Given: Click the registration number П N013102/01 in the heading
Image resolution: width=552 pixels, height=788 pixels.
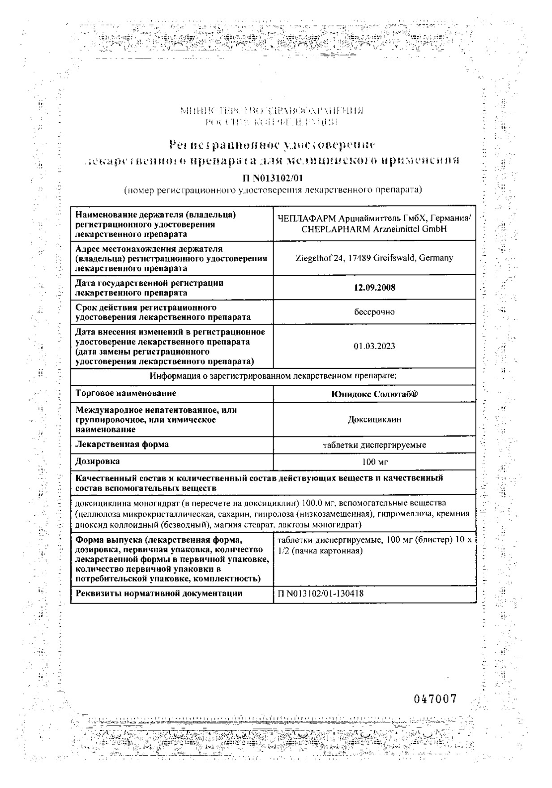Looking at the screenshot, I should [273, 179].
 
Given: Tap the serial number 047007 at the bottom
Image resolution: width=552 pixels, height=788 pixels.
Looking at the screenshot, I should [434, 699].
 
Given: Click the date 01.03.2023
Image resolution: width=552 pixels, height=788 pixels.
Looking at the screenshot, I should [374, 347].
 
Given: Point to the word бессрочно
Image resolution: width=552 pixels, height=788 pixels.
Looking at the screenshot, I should [374, 312].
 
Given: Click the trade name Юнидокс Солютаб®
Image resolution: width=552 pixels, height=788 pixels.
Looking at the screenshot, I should [374, 394].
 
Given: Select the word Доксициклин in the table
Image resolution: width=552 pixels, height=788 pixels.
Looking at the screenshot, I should [374, 420].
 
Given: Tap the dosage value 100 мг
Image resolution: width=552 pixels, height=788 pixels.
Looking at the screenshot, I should [374, 462].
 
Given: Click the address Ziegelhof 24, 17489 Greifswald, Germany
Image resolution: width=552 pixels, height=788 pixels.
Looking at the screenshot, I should [374, 258].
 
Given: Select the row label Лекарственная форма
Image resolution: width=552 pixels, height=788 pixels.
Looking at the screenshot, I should [122, 444].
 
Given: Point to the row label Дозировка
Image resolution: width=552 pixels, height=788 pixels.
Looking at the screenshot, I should [98, 461].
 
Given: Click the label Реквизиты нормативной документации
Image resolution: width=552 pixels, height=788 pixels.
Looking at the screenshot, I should [159, 593].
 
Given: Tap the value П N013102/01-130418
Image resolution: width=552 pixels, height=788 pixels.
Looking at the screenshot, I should [321, 594].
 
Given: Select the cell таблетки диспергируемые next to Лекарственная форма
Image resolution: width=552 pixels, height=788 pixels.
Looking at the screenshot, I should [374, 445].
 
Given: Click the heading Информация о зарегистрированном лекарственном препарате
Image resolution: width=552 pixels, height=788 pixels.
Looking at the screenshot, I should [273, 376].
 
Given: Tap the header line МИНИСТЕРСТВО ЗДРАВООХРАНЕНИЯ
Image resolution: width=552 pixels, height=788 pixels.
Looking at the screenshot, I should [271, 111].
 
